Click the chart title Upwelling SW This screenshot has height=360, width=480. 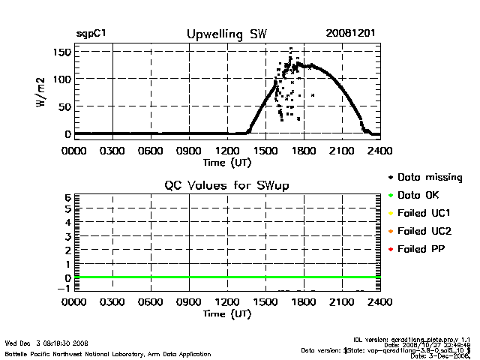[x=226, y=34]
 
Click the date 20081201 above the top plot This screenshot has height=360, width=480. [x=350, y=34]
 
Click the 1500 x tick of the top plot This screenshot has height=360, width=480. [x=265, y=150]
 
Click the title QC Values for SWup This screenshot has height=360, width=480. [x=226, y=185]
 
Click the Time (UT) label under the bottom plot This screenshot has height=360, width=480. [x=226, y=313]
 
